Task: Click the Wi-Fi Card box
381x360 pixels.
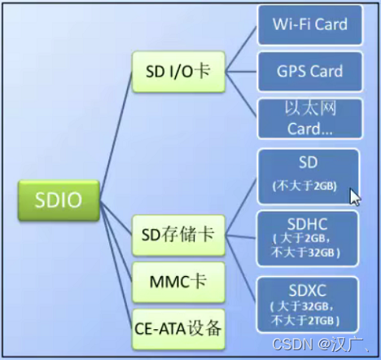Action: (309, 24)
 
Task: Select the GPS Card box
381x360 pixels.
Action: (309, 72)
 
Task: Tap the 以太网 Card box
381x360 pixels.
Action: (309, 118)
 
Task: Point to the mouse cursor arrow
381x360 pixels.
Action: (354, 196)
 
